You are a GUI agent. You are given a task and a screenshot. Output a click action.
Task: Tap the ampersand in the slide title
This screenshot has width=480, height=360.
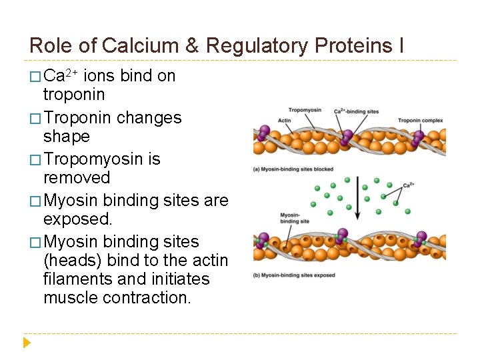tap(192, 45)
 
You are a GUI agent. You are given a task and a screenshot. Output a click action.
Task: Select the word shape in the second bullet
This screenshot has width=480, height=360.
tap(66, 137)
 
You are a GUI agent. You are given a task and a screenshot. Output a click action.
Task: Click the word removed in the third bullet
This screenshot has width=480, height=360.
tap(77, 178)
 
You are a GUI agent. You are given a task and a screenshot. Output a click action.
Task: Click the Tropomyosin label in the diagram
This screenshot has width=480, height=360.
tap(305, 110)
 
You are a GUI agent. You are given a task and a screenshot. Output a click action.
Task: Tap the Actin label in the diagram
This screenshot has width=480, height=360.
tap(285, 121)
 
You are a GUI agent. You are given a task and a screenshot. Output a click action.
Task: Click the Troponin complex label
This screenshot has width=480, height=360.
tap(421, 121)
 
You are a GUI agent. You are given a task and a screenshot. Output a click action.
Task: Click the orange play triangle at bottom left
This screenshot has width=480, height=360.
tap(27, 343)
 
